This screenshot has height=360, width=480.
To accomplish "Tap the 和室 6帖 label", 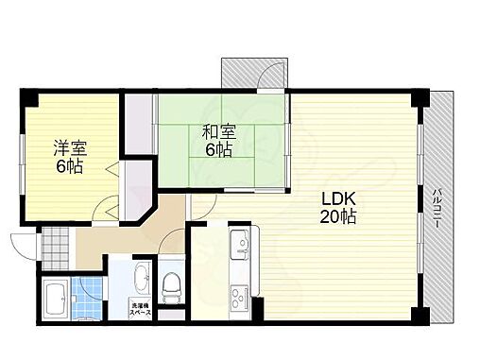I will (x=215, y=142).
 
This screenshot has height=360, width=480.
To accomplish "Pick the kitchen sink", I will (x=240, y=245).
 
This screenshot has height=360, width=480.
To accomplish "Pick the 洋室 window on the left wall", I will (x=20, y=156).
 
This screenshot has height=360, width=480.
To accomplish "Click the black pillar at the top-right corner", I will (x=420, y=97).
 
